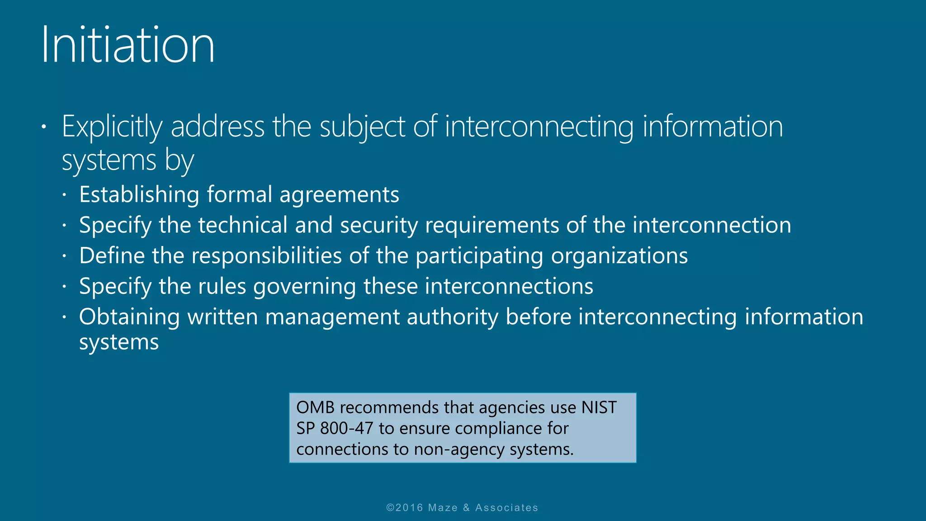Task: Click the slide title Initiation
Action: click(x=128, y=45)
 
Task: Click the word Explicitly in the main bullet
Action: click(x=112, y=127)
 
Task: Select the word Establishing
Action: click(x=139, y=195)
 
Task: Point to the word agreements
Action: click(x=339, y=195)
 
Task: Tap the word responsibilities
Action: click(x=267, y=256)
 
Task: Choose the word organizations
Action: click(x=619, y=256)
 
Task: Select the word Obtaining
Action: click(x=129, y=317)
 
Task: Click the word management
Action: click(x=332, y=317)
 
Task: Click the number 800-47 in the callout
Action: click(x=347, y=428)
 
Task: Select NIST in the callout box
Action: click(x=599, y=407)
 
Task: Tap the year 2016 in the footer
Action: click(x=409, y=508)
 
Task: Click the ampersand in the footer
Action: click(x=467, y=508)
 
